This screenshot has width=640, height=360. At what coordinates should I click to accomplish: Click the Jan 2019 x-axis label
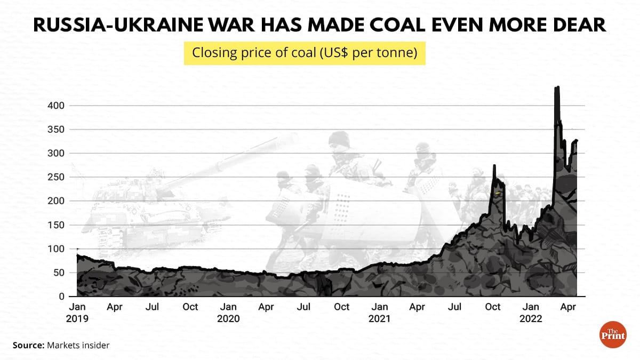pos(77,313)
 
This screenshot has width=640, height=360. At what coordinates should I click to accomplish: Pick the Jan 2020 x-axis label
pos(229,313)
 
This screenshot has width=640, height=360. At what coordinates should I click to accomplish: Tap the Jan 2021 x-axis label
pos(380,313)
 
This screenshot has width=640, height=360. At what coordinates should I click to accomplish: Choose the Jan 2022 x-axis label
pos(531,313)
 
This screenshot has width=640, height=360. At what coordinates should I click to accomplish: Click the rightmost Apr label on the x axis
pos(569,307)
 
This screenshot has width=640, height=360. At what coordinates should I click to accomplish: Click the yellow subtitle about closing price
pos(305,54)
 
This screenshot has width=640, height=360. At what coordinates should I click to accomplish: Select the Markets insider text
pos(78,346)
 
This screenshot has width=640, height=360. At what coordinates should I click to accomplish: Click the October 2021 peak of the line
pos(494,166)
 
